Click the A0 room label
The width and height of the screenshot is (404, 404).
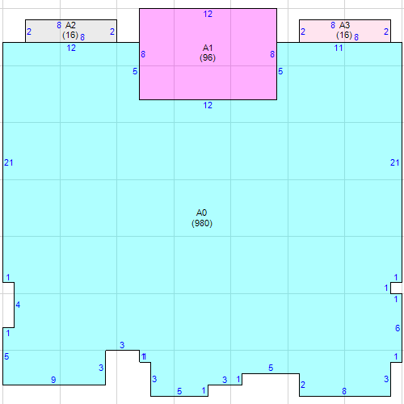(202, 213)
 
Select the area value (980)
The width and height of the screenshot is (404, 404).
(202, 223)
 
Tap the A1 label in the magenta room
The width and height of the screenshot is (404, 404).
(208, 48)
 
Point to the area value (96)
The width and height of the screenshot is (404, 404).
(208, 58)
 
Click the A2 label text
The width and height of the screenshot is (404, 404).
(71, 26)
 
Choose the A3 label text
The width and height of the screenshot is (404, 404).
(345, 26)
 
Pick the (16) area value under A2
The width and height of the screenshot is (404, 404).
(69, 36)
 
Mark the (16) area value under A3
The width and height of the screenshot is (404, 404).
(344, 36)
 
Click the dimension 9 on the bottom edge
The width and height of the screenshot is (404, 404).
(53, 380)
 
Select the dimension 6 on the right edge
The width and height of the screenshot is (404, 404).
(398, 328)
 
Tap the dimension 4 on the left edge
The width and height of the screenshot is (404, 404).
(18, 305)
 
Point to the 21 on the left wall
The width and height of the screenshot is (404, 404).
(9, 163)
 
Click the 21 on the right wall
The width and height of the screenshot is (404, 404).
(395, 163)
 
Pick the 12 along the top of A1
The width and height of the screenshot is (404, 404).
(208, 15)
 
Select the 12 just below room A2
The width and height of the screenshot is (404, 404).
(71, 48)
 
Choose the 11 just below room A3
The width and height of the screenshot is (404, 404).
(339, 48)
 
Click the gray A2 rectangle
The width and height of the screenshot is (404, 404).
(44, 31)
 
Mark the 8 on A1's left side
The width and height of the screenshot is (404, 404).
(144, 54)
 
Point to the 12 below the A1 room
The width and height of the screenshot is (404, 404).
(208, 106)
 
